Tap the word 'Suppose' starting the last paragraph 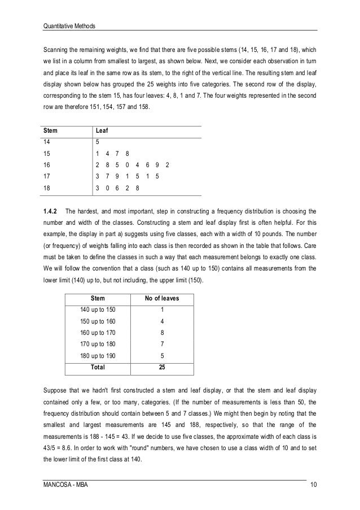pyautogui.click(x=55, y=389)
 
